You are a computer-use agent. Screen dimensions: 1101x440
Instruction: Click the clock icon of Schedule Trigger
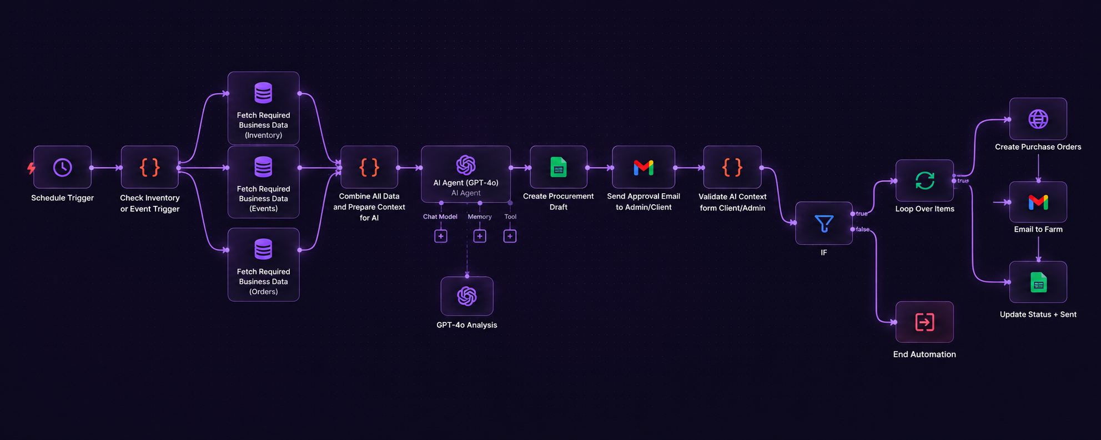click(x=62, y=168)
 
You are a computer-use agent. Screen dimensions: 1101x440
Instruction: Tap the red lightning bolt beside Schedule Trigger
click(x=31, y=168)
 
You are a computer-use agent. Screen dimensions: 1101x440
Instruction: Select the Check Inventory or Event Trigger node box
click(x=150, y=167)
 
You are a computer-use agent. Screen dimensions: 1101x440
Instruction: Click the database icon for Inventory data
click(x=263, y=93)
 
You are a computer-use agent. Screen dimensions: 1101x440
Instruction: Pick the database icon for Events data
click(x=263, y=166)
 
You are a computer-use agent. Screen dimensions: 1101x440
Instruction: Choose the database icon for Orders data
click(x=263, y=249)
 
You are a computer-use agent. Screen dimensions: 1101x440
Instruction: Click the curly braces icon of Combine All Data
click(x=369, y=167)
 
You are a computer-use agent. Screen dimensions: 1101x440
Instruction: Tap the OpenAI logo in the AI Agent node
click(x=466, y=165)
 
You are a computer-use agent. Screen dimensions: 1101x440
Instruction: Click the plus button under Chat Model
click(x=441, y=236)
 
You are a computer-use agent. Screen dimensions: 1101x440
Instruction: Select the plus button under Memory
click(x=480, y=236)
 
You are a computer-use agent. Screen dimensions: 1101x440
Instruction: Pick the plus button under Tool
click(x=510, y=236)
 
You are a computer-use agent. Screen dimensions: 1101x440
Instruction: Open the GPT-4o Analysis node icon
click(x=467, y=296)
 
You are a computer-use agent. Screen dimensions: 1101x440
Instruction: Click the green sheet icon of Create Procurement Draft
click(x=559, y=167)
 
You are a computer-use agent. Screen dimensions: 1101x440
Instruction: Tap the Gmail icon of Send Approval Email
click(x=643, y=168)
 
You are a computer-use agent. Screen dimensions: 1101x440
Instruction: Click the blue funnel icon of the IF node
click(x=824, y=224)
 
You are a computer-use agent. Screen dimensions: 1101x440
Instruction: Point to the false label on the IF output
click(x=863, y=230)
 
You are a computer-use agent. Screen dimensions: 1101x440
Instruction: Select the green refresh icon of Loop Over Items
click(x=925, y=180)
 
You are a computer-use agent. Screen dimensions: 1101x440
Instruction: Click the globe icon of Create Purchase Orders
click(x=1038, y=119)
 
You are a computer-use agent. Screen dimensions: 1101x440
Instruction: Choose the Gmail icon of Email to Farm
click(x=1038, y=203)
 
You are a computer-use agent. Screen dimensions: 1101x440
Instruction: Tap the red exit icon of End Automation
click(x=925, y=322)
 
